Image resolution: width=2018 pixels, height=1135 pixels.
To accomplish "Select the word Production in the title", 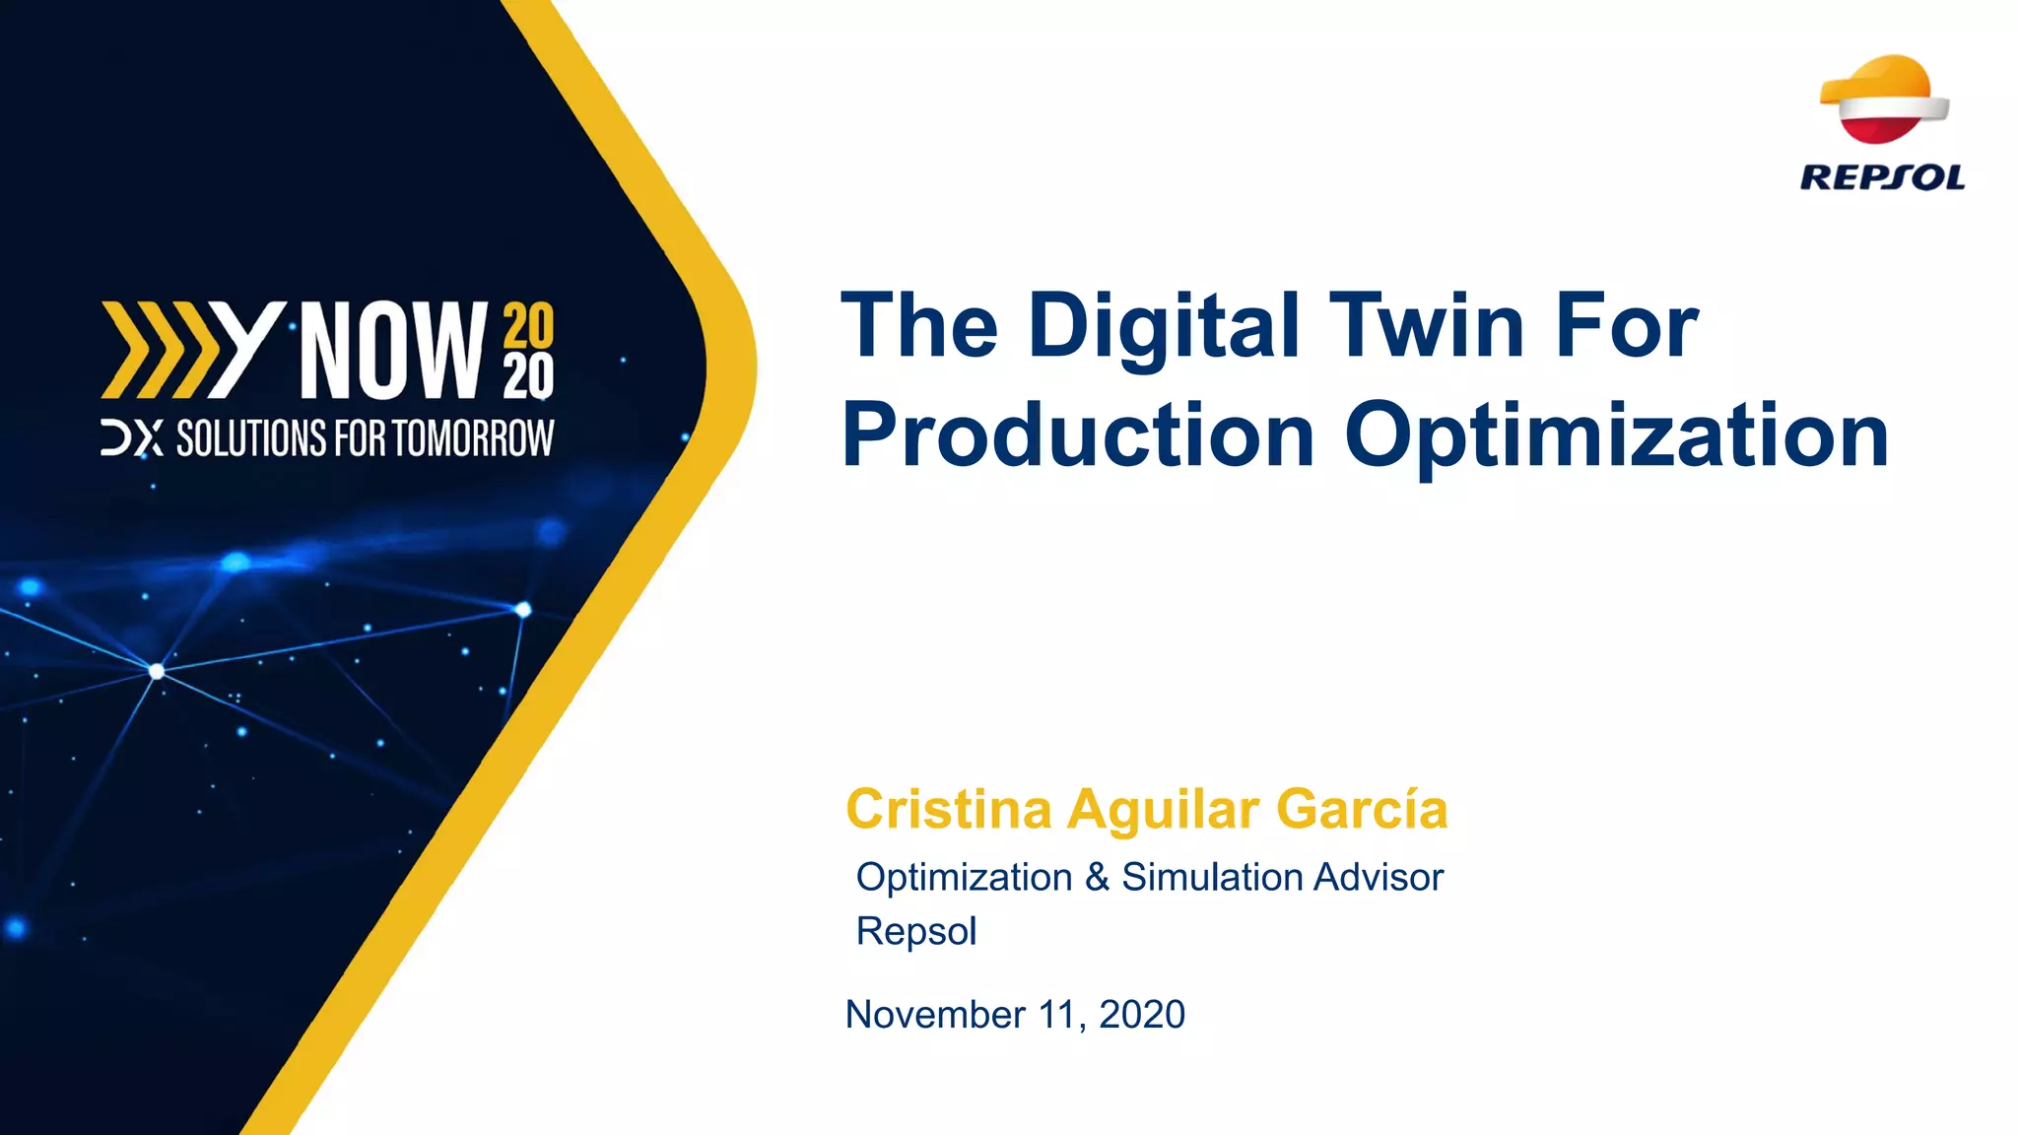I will pos(1079,435).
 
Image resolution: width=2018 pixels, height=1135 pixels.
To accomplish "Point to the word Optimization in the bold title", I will pos(1617,437).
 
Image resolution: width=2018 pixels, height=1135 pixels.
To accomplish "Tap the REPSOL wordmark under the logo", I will pos(1882,178).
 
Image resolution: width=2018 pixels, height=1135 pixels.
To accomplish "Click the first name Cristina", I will pos(949,810).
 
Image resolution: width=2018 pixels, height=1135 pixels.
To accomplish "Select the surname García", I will pos(1362,810).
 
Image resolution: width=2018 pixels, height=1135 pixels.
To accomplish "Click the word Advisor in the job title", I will pos(1379,877).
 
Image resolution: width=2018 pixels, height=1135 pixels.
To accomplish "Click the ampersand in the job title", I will pos(1097,877).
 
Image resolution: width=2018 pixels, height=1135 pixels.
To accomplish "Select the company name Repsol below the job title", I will pos(916,931).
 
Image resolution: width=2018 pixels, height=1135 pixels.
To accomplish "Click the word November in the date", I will pos(935,1015).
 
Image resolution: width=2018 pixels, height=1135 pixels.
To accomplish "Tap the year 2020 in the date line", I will pos(1142,1015).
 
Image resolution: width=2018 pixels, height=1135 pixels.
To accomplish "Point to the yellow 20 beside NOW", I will pos(529,325).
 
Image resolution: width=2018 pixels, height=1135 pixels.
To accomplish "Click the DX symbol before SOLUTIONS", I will pos(132,439).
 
